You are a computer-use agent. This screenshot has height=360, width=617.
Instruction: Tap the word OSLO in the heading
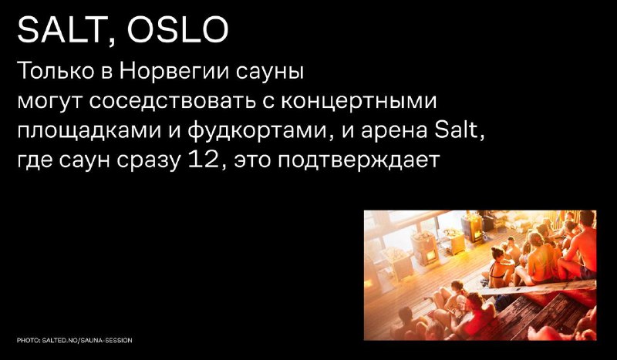click(178, 30)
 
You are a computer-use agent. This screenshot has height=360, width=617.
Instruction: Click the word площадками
click(89, 132)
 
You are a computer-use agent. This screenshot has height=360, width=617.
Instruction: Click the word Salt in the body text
click(458, 130)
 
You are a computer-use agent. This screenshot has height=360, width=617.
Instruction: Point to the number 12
click(203, 160)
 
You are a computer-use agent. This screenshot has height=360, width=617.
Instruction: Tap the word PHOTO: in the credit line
click(29, 340)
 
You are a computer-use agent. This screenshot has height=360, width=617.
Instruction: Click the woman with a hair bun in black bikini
click(499, 267)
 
